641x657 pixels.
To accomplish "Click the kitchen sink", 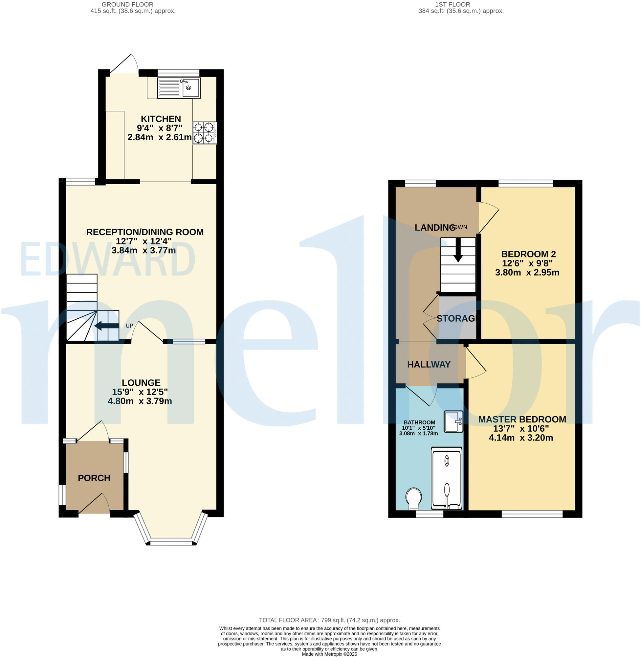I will pos(179,88).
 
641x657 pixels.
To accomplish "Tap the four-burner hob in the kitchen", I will pos(204,133).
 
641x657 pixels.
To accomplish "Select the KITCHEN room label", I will pos(161,119).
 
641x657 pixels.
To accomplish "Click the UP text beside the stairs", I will pos(129,326).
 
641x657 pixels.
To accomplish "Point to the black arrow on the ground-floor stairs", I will pos(106,326).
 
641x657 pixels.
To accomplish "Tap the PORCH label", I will pos(94,478).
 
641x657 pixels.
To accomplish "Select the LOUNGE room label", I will pos(141,383).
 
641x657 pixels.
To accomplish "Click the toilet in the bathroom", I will pos(413,498).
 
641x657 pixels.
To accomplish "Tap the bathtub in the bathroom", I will pos(446,478).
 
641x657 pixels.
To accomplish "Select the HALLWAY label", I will pos(429,364).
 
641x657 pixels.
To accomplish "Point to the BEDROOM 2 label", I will pos(528,254).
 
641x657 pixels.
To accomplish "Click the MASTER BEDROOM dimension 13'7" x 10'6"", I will pos(521,428).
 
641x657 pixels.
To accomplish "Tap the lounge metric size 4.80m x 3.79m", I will pos(140,401).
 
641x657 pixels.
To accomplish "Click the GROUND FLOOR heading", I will pos(128,4).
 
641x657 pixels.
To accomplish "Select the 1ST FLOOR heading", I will pos(452,4).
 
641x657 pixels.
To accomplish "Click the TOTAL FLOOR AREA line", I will pos(329,620).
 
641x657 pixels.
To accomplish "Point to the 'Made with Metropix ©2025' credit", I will pos(329,654).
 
